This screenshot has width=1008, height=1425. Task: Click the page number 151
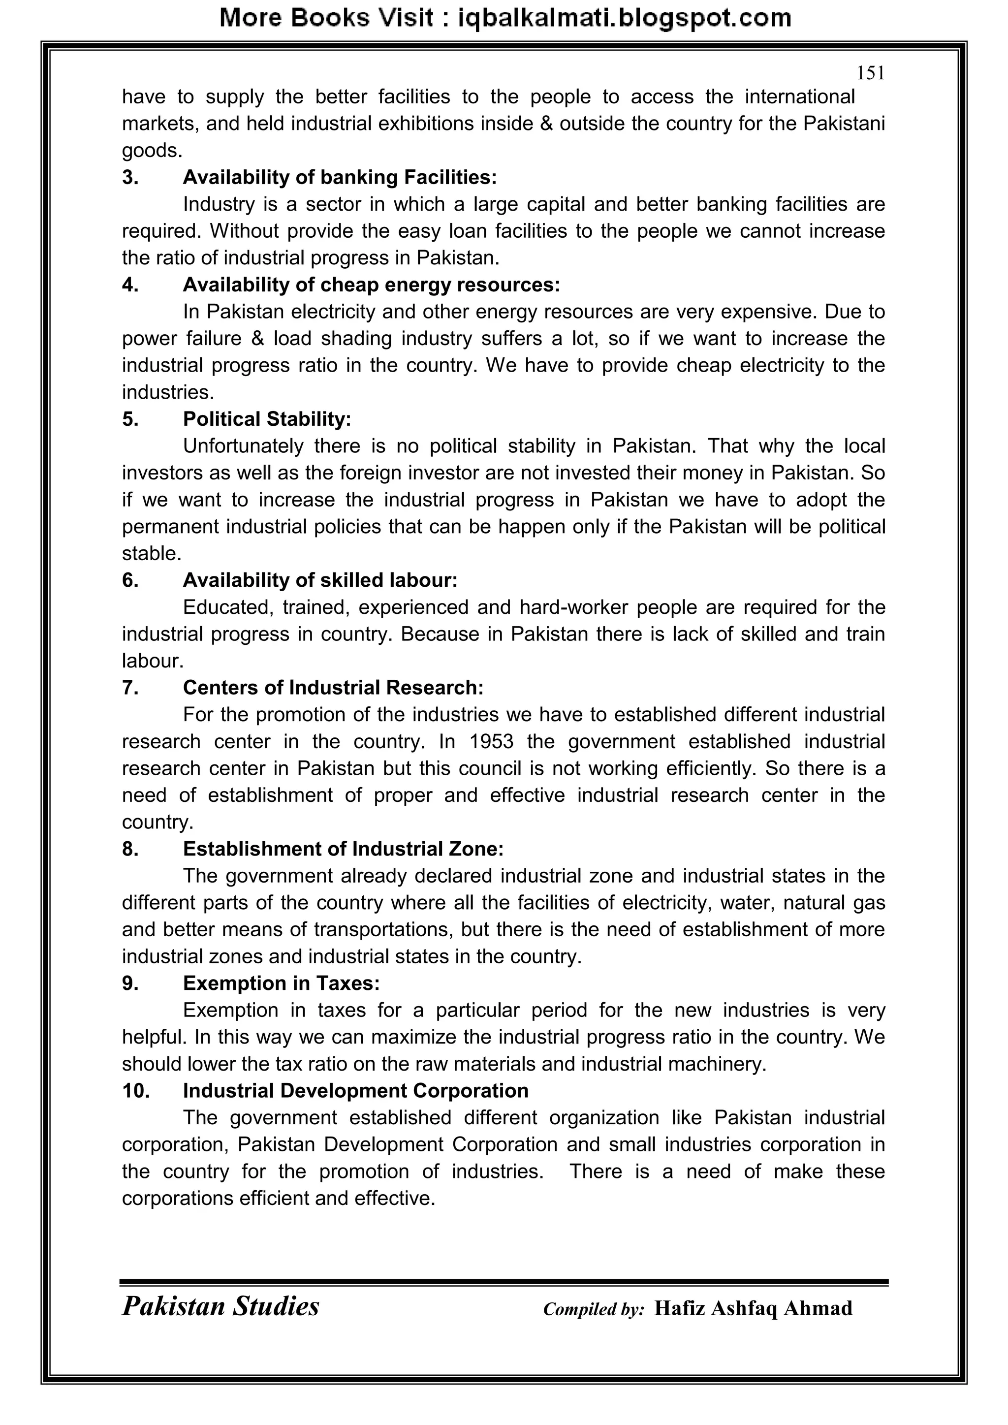coord(870,73)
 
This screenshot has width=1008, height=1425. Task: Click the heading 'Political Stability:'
coord(267,419)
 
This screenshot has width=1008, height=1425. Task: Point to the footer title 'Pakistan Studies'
coord(220,1306)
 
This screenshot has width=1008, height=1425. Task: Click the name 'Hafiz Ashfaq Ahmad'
coord(753,1308)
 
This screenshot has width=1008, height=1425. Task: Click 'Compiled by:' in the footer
coord(594,1309)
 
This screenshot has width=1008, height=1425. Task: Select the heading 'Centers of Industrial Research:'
coord(333,688)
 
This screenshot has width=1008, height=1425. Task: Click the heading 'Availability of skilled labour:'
coord(319,580)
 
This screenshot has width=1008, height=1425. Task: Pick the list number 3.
coord(130,178)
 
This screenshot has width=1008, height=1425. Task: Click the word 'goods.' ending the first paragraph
coord(152,151)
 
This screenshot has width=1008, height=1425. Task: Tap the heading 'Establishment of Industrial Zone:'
coord(343,849)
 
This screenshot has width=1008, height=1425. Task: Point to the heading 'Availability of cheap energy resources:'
coord(371,285)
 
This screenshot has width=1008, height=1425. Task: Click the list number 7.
coord(130,688)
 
